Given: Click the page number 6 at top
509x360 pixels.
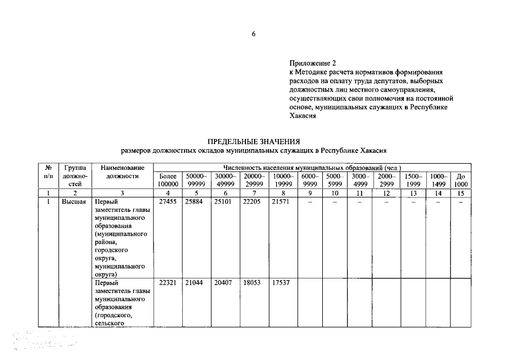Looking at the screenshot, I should point(254,34).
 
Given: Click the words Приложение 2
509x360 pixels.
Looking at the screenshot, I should point(310,64).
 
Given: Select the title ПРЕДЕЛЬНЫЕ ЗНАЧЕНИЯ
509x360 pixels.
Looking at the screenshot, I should point(254,142).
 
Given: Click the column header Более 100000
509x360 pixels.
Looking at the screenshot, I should point(168,180).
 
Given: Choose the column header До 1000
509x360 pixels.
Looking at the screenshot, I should point(461,180).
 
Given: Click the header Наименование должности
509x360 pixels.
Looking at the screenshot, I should point(123,172).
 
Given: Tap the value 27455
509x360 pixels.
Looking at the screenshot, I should point(168,202).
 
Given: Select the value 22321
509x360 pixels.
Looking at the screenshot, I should point(168,282).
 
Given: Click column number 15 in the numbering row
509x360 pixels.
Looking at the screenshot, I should point(461,193).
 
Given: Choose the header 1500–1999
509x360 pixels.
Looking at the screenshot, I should point(414,180).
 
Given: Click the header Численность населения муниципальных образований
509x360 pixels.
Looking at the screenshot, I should point(312,168).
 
